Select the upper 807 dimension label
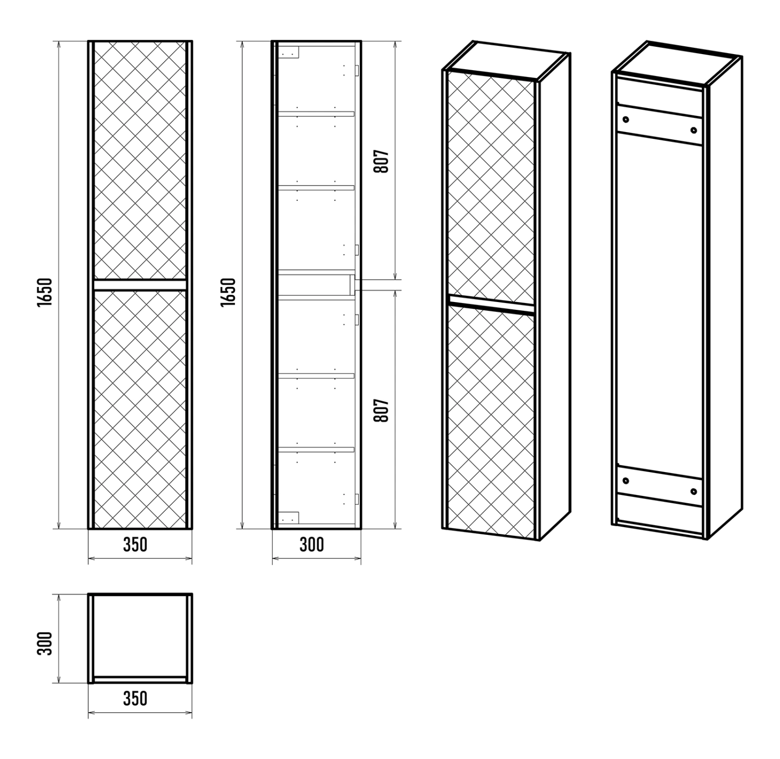click(x=382, y=162)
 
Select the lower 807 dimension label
click(x=382, y=411)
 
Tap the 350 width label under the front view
click(x=135, y=544)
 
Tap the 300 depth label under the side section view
click(x=312, y=544)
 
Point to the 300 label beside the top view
click(x=45, y=644)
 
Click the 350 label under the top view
click(x=135, y=698)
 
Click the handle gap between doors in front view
click(x=140, y=284)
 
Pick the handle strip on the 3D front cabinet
click(x=491, y=305)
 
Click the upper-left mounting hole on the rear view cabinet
click(x=625, y=119)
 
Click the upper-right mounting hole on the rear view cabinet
click(x=694, y=130)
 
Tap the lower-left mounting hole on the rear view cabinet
click(x=625, y=480)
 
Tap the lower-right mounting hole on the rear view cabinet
click(x=694, y=491)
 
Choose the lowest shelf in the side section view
click(x=316, y=449)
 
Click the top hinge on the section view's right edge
click(x=357, y=71)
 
